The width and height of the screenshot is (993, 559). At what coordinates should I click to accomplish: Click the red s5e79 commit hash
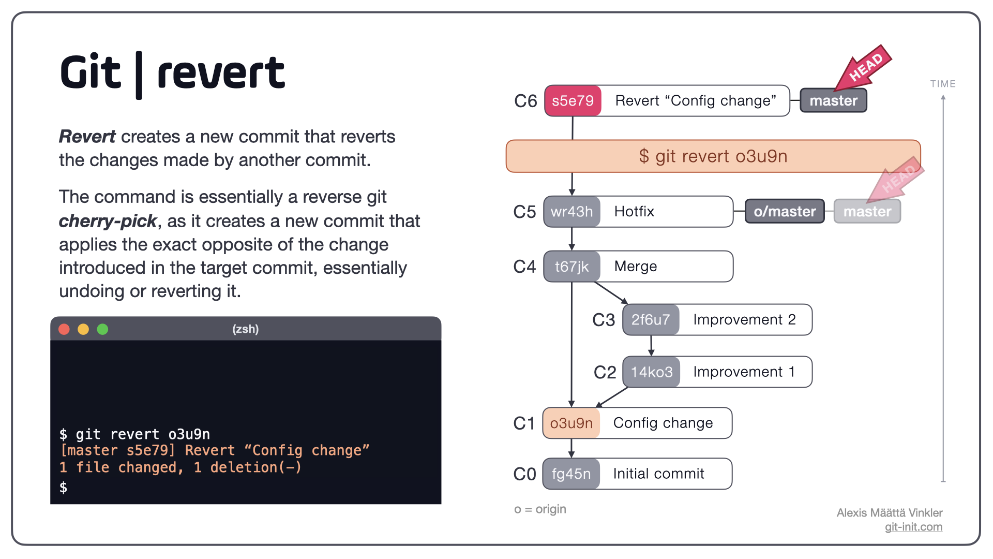click(573, 100)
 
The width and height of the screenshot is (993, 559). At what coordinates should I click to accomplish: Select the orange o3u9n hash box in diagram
click(571, 423)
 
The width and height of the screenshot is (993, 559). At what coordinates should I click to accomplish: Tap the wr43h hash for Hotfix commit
click(571, 211)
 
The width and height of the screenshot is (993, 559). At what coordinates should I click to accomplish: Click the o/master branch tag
click(784, 211)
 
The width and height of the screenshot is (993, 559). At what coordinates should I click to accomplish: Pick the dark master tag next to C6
click(833, 100)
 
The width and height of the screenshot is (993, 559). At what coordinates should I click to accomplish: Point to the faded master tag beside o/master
click(867, 211)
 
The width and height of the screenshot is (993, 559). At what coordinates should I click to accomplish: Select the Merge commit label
click(635, 266)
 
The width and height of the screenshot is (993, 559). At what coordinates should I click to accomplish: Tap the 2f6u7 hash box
click(650, 319)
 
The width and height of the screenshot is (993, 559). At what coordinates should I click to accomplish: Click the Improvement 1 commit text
click(743, 372)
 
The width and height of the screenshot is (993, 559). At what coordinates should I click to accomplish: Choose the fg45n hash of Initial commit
click(571, 474)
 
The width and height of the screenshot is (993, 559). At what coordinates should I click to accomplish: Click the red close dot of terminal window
click(64, 329)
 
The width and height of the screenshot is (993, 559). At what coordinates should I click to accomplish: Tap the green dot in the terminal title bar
click(102, 329)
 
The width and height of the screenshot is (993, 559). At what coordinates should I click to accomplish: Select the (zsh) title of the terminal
click(245, 329)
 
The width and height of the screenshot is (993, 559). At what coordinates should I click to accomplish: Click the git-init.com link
click(913, 527)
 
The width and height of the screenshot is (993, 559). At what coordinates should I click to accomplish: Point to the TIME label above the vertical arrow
click(942, 84)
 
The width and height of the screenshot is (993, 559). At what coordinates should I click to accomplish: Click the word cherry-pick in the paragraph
click(108, 221)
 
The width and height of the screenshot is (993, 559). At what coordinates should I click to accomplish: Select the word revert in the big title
click(221, 73)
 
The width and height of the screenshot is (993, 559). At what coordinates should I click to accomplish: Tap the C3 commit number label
click(603, 320)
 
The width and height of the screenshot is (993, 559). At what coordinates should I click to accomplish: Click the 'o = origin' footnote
click(539, 509)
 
